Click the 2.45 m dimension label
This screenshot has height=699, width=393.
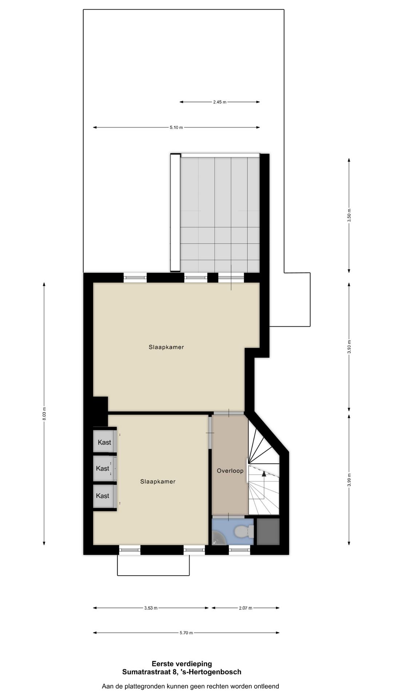click(220, 102)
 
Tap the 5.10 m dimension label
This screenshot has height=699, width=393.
click(176, 127)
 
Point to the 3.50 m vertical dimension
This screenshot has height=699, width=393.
click(349, 215)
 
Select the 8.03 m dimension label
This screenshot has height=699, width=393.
click(44, 413)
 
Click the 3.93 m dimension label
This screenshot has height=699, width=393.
click(349, 347)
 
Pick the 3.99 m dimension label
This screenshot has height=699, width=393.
click(349, 479)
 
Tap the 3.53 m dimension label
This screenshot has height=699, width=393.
click(151, 608)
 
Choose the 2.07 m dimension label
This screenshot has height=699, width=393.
click(245, 608)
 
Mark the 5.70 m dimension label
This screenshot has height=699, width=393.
click(186, 633)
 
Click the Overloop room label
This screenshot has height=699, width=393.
click(230, 471)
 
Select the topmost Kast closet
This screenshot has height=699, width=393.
click(104, 442)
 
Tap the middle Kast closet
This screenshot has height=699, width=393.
click(103, 469)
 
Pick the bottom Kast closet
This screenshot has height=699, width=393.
click(103, 496)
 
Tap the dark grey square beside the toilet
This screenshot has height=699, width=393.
click(268, 532)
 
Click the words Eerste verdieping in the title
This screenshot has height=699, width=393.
click(182, 664)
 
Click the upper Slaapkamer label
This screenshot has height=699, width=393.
click(166, 347)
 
